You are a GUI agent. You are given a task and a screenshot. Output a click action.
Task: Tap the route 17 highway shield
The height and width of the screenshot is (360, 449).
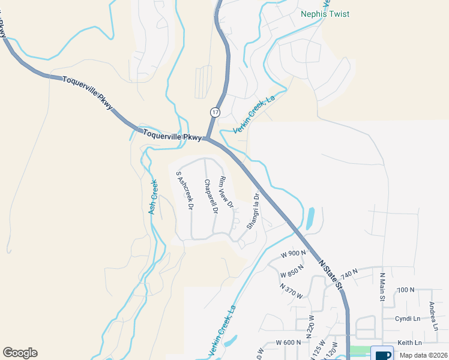coord(215,112)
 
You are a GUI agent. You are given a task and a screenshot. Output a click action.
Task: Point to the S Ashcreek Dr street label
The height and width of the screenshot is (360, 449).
coord(184,190)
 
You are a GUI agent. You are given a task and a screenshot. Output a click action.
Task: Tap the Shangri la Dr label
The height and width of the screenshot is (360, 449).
coord(253,211)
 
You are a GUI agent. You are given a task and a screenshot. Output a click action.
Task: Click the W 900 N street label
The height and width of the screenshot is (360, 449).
coord(294,253)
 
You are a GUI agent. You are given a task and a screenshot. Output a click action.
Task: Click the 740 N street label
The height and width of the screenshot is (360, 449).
coord(349,273)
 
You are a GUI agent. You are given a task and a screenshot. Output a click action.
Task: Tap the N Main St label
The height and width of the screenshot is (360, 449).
coord(382,287)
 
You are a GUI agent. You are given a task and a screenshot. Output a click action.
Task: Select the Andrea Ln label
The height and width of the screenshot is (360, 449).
coord(433,315)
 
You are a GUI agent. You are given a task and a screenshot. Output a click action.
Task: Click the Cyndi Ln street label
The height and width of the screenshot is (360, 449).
coord(406,318)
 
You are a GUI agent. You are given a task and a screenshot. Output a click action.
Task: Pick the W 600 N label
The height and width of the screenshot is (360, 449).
coord(288,342)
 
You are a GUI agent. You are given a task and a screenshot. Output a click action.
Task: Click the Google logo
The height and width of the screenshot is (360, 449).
coord(20,353)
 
